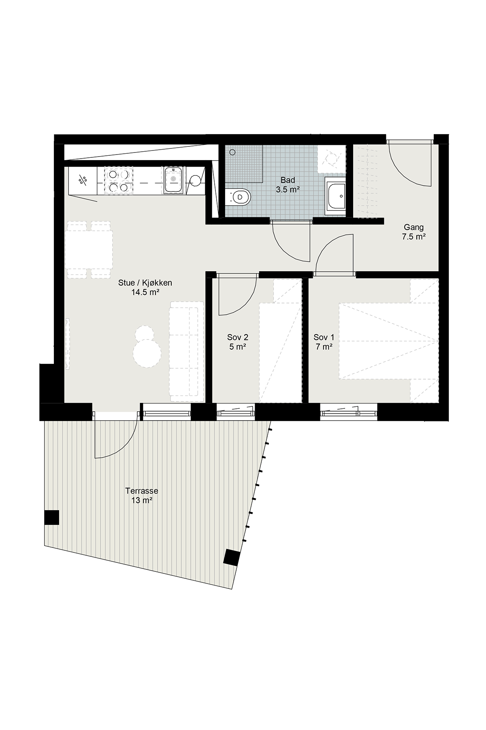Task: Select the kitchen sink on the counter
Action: tap(173, 179)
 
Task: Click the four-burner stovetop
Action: tap(118, 180)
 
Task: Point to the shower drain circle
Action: tap(232, 152)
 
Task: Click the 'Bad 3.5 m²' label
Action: tap(288, 185)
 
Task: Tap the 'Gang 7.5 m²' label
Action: tap(414, 232)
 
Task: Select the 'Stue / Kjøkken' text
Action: tap(145, 283)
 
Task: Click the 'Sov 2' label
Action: tap(238, 337)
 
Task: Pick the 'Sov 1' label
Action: tap(324, 337)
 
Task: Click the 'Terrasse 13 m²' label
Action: tap(142, 496)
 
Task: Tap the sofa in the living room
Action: tap(187, 352)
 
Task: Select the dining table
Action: tap(89, 249)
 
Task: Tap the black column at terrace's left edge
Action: tap(52, 517)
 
